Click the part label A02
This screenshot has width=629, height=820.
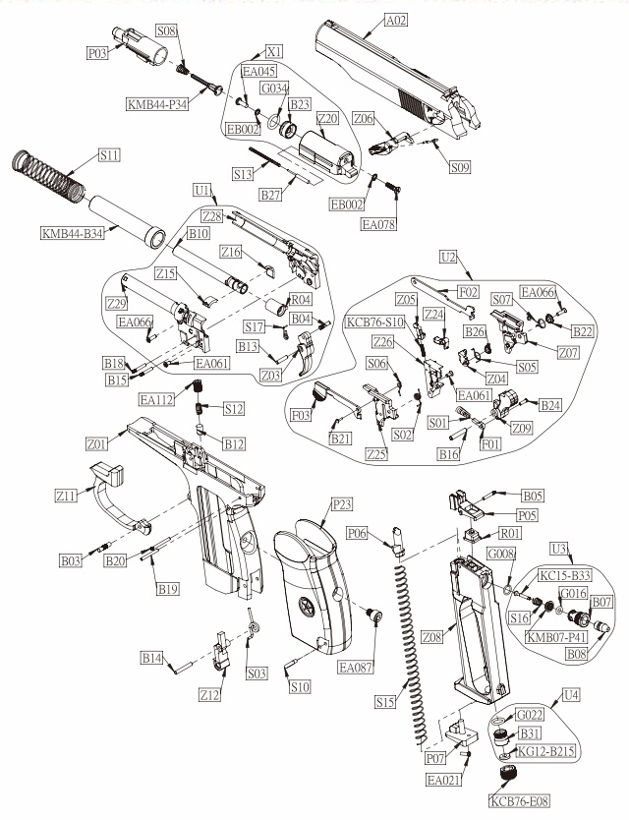(395, 20)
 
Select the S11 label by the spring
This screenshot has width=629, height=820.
(110, 155)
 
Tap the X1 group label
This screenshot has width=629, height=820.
(275, 50)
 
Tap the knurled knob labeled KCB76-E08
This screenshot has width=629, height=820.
(505, 777)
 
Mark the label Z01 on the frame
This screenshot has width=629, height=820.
(95, 443)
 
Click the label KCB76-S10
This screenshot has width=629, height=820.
(374, 322)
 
